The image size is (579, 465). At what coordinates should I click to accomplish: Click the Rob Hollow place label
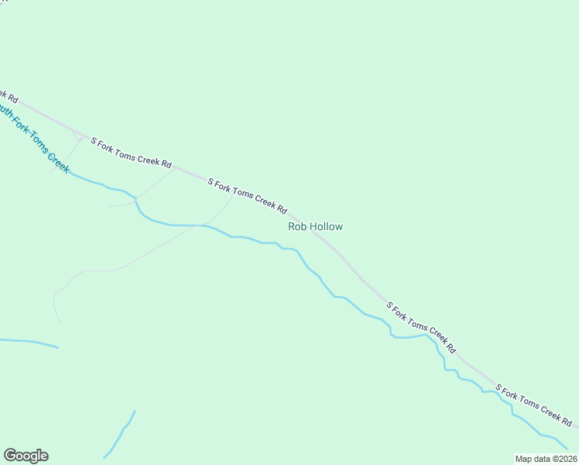coord(315,226)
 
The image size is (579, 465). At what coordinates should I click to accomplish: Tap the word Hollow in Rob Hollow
coord(326,226)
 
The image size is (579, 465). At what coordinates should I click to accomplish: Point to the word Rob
coord(297,226)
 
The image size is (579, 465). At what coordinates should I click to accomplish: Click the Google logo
coord(26,456)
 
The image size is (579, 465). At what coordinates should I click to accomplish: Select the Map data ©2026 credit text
coord(546,459)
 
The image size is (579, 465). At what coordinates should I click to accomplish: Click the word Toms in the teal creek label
coord(39,144)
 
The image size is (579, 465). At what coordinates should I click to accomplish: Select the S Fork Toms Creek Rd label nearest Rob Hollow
coord(248,196)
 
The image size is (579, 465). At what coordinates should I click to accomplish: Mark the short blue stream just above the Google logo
coord(120,433)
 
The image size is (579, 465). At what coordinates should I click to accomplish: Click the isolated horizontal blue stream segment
coord(29,342)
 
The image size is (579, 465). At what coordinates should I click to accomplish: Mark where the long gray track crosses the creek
coord(203,226)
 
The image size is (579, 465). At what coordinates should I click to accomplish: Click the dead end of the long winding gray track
coord(60,320)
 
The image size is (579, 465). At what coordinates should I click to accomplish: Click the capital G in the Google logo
coord(10,456)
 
